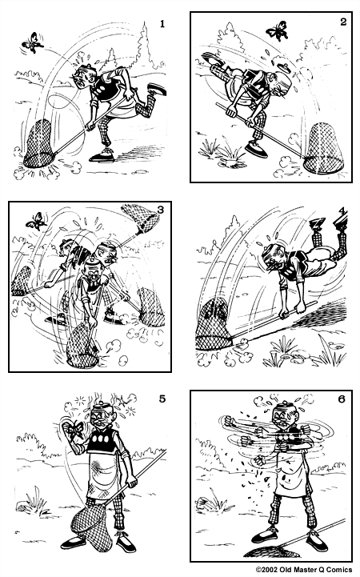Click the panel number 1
pyautogui.click(x=162, y=24)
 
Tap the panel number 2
pyautogui.click(x=342, y=22)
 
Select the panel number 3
pyautogui.click(x=160, y=210)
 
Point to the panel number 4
pyautogui.click(x=342, y=211)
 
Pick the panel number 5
pyautogui.click(x=162, y=400)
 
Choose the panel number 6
pyautogui.click(x=342, y=400)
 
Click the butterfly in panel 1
pyautogui.click(x=33, y=40)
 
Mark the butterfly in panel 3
pyautogui.click(x=34, y=221)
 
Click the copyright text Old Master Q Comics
pyautogui.click(x=304, y=570)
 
